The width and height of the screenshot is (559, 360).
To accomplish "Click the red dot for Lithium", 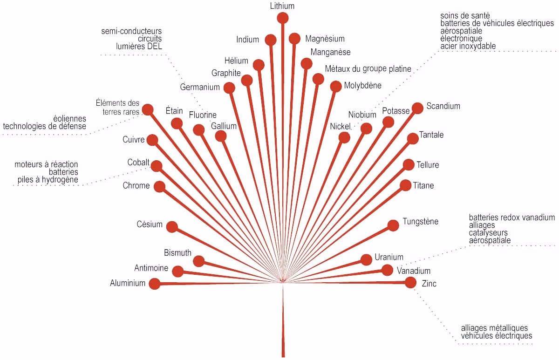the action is tap(283, 18).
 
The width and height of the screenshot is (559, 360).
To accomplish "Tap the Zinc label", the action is tap(429, 284).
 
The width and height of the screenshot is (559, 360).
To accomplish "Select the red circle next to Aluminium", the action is tap(154, 284).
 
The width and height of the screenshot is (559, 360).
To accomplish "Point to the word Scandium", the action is tap(443, 106).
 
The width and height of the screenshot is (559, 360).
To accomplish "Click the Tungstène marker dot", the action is tap(393, 226).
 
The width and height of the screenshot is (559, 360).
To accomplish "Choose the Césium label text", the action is tap(150, 224).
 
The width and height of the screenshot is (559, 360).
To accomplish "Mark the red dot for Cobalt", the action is tap(157, 166).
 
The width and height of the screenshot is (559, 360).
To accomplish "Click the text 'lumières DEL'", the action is tap(139, 46).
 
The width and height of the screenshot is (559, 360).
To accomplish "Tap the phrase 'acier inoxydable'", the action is tap(468, 46).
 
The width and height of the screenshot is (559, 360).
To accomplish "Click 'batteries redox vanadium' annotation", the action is tap(512, 217).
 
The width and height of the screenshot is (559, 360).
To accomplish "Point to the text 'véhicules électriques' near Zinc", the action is tap(496, 336).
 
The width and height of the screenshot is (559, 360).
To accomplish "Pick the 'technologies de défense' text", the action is tap(44, 126).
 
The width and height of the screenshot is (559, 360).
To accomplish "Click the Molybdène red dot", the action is tap(335, 87).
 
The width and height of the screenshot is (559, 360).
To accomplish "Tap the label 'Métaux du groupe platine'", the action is tap(368, 69).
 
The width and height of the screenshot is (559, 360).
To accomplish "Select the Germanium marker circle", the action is tap(229, 88).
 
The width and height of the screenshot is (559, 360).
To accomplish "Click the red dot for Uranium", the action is tap(367, 259).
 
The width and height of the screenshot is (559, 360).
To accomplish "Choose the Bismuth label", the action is tap(177, 253).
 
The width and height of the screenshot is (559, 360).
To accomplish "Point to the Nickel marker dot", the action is tap(344, 137).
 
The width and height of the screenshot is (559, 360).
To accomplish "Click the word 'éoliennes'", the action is tap(70, 119).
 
